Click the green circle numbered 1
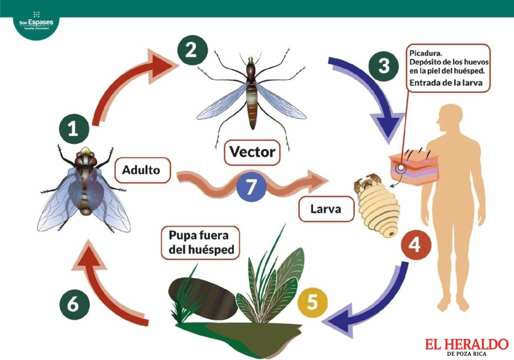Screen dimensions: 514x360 (x=74, y=129)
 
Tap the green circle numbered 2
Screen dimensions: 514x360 (x=192, y=50)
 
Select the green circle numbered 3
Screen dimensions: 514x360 (x=383, y=66)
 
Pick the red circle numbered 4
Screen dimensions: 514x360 (x=416, y=245)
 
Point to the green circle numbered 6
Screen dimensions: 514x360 (x=75, y=305)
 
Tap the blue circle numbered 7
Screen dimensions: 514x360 (x=251, y=187)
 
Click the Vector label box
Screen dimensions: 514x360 (x=252, y=153)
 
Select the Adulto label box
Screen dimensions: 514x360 (x=143, y=170)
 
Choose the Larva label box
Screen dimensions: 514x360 (x=326, y=209)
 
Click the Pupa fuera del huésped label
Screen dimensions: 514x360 (x=200, y=243)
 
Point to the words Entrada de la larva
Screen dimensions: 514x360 (x=446, y=83)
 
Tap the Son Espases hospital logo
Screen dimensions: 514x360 (x=36, y=22)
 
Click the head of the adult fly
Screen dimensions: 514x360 (x=85, y=156)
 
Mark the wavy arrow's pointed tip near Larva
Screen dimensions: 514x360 (x=329, y=181)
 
